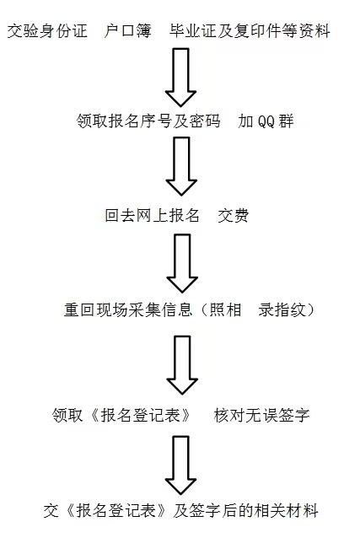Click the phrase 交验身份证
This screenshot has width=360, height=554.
click(x=47, y=31)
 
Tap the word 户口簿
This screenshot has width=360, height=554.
click(x=128, y=31)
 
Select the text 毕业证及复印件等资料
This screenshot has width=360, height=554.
click(x=250, y=31)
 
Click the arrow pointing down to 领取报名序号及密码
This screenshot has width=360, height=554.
click(x=180, y=78)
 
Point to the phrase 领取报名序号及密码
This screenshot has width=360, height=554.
click(x=148, y=121)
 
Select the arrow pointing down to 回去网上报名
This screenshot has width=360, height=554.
click(x=181, y=166)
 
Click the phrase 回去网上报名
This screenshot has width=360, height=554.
click(x=153, y=216)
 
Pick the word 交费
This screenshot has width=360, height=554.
click(x=234, y=216)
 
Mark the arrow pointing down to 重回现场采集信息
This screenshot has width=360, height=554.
click(x=182, y=263)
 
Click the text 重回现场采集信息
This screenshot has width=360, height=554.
click(x=128, y=309)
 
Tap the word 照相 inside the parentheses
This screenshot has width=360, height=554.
click(x=225, y=309)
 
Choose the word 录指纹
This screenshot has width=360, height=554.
click(x=282, y=309)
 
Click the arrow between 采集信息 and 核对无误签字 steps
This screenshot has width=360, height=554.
click(x=182, y=365)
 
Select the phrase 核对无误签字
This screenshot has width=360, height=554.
click(x=261, y=415)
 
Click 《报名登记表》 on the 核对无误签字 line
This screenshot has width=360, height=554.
click(x=140, y=415)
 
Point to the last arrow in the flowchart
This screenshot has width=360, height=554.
click(x=180, y=465)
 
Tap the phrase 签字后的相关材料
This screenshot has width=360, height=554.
click(x=253, y=511)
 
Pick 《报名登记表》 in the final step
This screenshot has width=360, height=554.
click(x=116, y=511)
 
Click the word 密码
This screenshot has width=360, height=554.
click(x=205, y=121)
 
